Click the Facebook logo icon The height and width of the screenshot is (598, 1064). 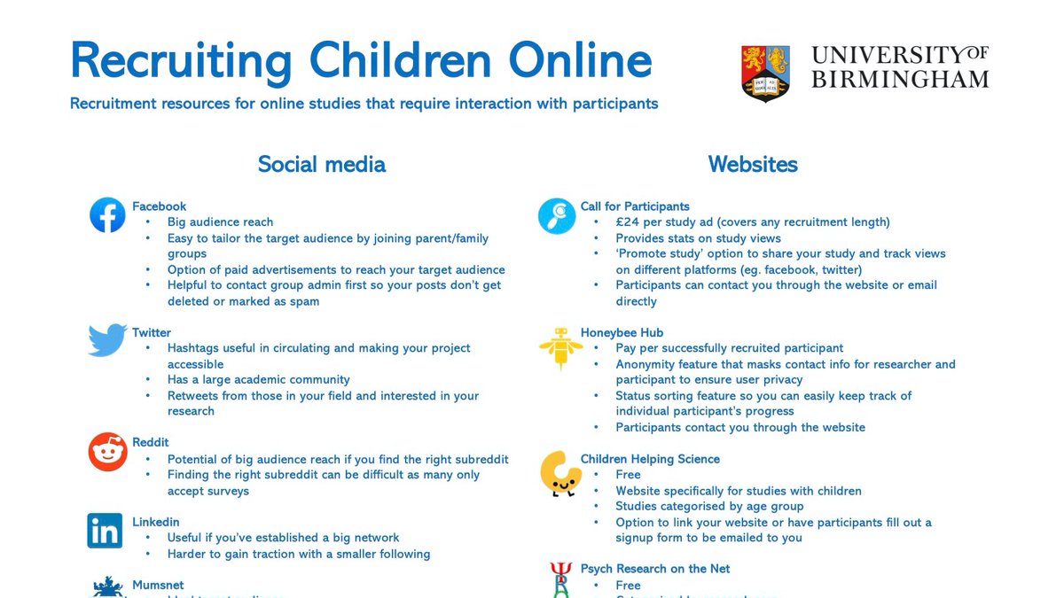pos(107,215)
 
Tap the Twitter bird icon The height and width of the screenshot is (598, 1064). pos(107,340)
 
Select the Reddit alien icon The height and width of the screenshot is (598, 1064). pos(107,452)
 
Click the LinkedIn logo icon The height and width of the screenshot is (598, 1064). pos(106,531)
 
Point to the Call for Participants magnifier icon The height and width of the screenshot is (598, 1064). pos(557,215)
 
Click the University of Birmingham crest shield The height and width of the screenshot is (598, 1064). pos(766,74)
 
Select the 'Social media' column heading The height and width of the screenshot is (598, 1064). pos(321,164)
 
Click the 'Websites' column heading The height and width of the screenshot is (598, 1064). pos(753,164)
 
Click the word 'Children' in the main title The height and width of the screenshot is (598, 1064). pos(392,60)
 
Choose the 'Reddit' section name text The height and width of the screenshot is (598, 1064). pos(151,442)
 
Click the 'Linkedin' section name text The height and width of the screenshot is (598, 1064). pos(156,522)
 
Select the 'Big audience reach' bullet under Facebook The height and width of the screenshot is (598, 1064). pos(220,222)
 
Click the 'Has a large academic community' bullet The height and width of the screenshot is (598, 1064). pos(258,379)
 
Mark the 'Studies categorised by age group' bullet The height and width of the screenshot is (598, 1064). pos(709,507)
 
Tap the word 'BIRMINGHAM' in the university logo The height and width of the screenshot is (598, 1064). pos(899,80)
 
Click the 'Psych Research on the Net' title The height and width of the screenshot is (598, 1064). pos(655,569)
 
